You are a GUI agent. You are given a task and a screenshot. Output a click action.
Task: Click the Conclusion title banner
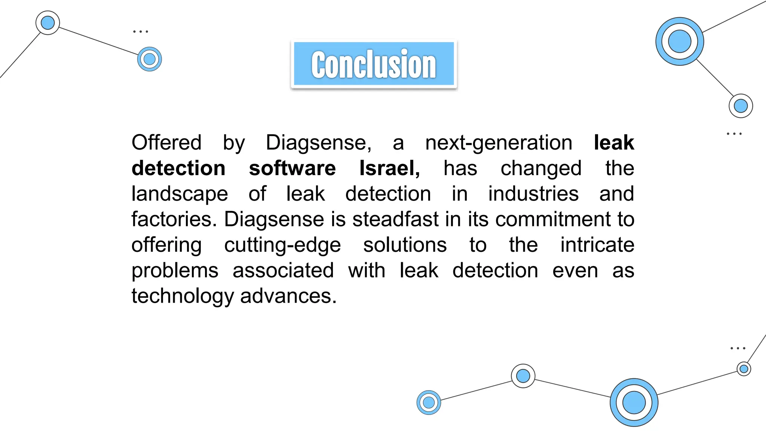[x=374, y=64]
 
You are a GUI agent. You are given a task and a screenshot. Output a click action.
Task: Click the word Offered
[x=166, y=143]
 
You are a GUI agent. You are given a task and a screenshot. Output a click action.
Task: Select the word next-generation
[x=499, y=143]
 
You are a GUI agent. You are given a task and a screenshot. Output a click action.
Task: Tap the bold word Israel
[x=389, y=168]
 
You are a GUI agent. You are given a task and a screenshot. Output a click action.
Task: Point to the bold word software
[x=292, y=168]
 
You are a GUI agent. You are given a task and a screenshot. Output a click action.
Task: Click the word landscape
[x=180, y=194]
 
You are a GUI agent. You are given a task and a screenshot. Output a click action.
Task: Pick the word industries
[x=533, y=194]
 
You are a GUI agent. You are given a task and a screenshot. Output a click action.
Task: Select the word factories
[x=174, y=219]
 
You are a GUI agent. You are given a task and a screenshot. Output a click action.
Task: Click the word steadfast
[x=395, y=219]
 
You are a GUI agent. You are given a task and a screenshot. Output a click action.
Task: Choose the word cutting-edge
[x=282, y=245]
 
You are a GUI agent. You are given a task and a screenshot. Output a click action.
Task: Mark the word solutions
[x=405, y=245]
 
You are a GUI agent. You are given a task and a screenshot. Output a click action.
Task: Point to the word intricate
[x=597, y=245]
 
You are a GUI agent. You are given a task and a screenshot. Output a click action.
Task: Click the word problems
[x=175, y=270]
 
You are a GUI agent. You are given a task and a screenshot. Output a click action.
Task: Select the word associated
[x=283, y=270]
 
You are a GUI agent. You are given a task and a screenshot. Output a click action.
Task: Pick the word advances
[x=288, y=296]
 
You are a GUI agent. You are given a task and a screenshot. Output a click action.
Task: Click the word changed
[x=541, y=168]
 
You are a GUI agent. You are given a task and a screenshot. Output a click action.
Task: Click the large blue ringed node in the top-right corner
[x=680, y=41]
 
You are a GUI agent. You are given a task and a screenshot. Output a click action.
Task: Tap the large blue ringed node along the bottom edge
[x=634, y=403]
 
